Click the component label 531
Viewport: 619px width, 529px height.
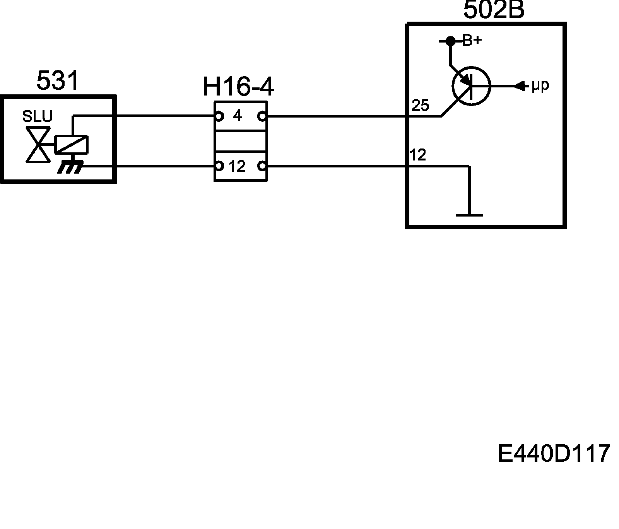point(57,81)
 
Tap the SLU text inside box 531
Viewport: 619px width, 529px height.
point(37,116)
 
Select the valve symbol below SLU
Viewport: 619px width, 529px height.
point(38,145)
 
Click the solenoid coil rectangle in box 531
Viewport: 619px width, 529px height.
point(72,145)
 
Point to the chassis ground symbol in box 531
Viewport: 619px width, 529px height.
point(70,167)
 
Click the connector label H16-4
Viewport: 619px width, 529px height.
point(238,87)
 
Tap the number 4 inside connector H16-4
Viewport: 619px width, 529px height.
point(238,115)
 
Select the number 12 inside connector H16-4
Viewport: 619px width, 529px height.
point(237,167)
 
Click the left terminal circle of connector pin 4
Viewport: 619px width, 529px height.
point(219,116)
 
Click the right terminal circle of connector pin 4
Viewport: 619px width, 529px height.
point(263,116)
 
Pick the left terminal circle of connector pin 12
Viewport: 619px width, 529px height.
point(219,166)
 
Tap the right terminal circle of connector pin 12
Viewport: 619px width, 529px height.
point(263,166)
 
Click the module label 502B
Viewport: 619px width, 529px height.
point(494,10)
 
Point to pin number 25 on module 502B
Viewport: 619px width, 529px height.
point(421,106)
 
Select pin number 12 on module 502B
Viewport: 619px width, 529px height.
point(418,155)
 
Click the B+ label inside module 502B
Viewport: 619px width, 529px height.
point(472,41)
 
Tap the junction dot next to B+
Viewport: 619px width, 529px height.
point(450,41)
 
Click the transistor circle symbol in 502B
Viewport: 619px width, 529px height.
point(471,86)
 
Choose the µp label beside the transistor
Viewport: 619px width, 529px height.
point(540,86)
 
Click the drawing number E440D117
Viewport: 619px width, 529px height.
point(554,453)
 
